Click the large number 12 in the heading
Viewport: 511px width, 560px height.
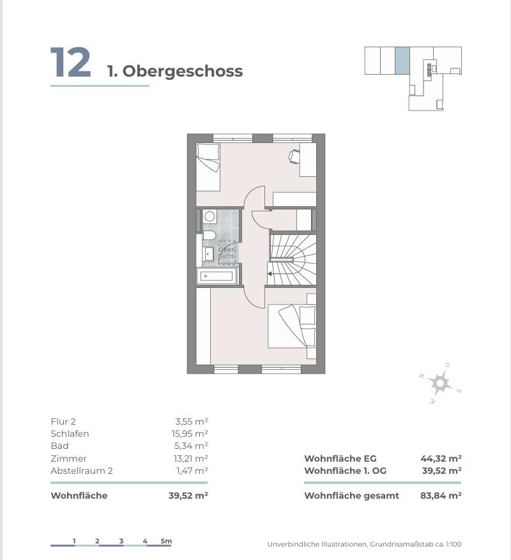71,62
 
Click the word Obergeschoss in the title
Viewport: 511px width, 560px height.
183,71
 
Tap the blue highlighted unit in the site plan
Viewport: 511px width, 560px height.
402,61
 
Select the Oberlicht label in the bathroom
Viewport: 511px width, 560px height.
227,252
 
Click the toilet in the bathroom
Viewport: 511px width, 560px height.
209,235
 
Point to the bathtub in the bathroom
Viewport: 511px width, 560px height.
217,276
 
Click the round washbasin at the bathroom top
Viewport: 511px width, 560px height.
210,216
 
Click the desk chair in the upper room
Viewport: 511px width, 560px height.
294,156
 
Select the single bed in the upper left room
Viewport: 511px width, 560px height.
208,167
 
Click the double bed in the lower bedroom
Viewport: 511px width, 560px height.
292,326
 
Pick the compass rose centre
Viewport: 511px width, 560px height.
440,383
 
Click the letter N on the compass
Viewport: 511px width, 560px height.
422,375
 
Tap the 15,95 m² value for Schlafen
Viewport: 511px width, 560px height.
190,434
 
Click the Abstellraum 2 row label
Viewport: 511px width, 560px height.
82,471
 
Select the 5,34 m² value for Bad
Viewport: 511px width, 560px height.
191,446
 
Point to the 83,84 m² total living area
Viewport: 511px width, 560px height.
441,496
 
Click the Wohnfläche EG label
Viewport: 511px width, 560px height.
340,458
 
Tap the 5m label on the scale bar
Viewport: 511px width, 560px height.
166,541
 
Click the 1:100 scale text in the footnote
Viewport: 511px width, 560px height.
454,544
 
